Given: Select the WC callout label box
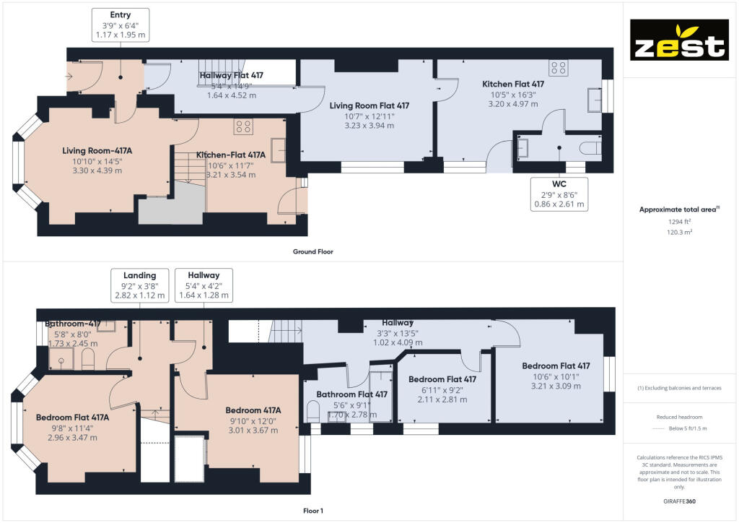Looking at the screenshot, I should [x=559, y=194].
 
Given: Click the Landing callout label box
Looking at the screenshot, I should [x=139, y=285].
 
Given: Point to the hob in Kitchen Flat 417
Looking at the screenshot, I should [x=558, y=69].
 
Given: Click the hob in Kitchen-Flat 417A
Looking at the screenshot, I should [x=243, y=127].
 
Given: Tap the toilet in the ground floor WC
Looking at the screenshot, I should [x=591, y=148].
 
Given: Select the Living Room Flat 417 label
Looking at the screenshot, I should [x=369, y=105].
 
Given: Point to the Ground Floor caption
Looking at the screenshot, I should [x=312, y=252].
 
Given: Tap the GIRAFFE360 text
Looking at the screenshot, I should [x=680, y=501].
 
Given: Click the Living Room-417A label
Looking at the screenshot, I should [x=92, y=150].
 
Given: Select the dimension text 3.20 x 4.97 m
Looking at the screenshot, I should [x=513, y=104].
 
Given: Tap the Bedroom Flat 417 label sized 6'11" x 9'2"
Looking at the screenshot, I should [x=442, y=379].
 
